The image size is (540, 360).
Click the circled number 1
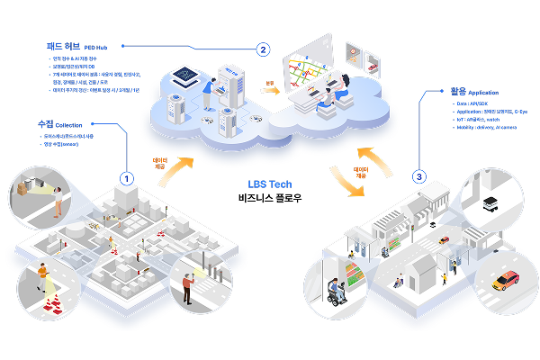point(127,178)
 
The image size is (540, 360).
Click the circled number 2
point(263,49)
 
